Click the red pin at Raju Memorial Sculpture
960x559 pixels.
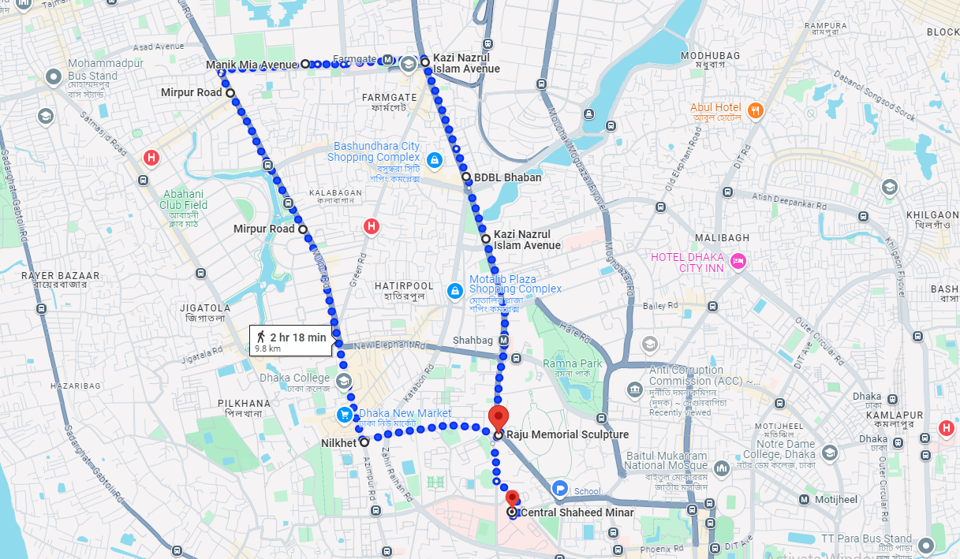pos(498,418)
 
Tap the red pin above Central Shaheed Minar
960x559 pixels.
pos(512,498)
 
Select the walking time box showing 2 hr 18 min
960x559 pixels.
pos(290,341)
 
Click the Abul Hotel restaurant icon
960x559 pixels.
pos(756,111)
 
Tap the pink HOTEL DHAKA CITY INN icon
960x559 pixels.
pos(738,261)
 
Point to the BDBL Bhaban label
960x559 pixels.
pos(507,177)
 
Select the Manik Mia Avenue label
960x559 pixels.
pos(252,64)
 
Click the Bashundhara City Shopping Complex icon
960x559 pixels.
pos(433,161)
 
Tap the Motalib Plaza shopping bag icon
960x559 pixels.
pos(454,292)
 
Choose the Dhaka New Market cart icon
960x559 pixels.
pos(345,414)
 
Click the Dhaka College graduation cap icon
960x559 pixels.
pos(343,382)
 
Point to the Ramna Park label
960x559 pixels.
pos(572,363)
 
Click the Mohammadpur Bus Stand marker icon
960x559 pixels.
pos(54,77)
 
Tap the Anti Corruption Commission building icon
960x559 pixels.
pos(634,389)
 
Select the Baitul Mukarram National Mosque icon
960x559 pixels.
pos(719,470)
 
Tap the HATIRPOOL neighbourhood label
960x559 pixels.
pos(404,285)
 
